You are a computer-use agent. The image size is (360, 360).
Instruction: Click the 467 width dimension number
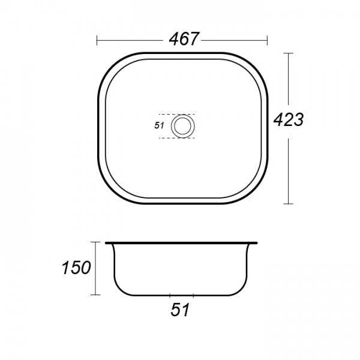point(183,38)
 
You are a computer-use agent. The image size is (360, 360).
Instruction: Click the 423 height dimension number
point(289,119)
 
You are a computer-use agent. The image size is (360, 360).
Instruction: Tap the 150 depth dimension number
point(76,268)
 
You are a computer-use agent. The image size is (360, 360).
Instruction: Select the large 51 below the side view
point(180,310)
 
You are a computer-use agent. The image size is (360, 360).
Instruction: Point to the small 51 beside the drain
point(159,125)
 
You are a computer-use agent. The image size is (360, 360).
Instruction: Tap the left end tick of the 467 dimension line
point(97,40)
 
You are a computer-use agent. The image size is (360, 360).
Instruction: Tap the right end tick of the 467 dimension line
point(267,40)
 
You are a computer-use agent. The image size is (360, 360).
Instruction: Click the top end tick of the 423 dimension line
point(289,53)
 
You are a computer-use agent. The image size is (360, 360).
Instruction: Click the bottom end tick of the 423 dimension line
point(289,203)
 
